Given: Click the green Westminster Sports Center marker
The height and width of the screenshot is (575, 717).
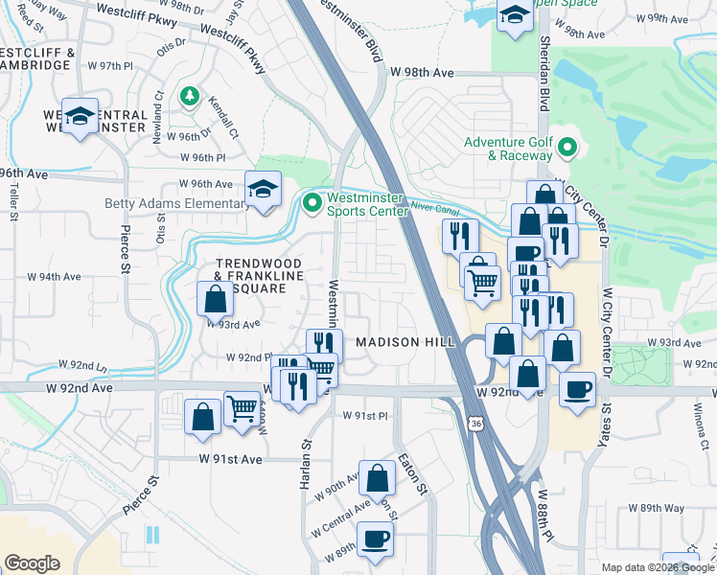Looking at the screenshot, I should coord(312,203).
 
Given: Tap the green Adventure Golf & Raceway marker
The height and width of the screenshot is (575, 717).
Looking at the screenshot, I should coord(567,149).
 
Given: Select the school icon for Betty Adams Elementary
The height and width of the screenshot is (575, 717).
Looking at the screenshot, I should coord(262,189).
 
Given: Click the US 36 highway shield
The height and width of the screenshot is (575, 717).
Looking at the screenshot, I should coord(475,422).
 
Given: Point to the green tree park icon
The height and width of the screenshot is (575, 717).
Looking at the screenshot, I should coord(191,96).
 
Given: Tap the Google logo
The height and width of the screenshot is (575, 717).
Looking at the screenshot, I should coord(32,563).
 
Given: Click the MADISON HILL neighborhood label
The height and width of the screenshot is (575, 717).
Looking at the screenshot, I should coord(401,342).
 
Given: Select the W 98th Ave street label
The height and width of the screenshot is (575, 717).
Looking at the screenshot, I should coord(421,73).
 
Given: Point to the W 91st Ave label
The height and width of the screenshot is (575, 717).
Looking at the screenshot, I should coord(230,459).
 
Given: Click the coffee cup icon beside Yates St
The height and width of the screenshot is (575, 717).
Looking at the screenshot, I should coord(578,390).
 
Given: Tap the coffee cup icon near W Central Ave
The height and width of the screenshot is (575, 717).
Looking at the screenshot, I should coord(374,539).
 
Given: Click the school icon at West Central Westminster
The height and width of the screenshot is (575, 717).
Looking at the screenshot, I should coord(81,116).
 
